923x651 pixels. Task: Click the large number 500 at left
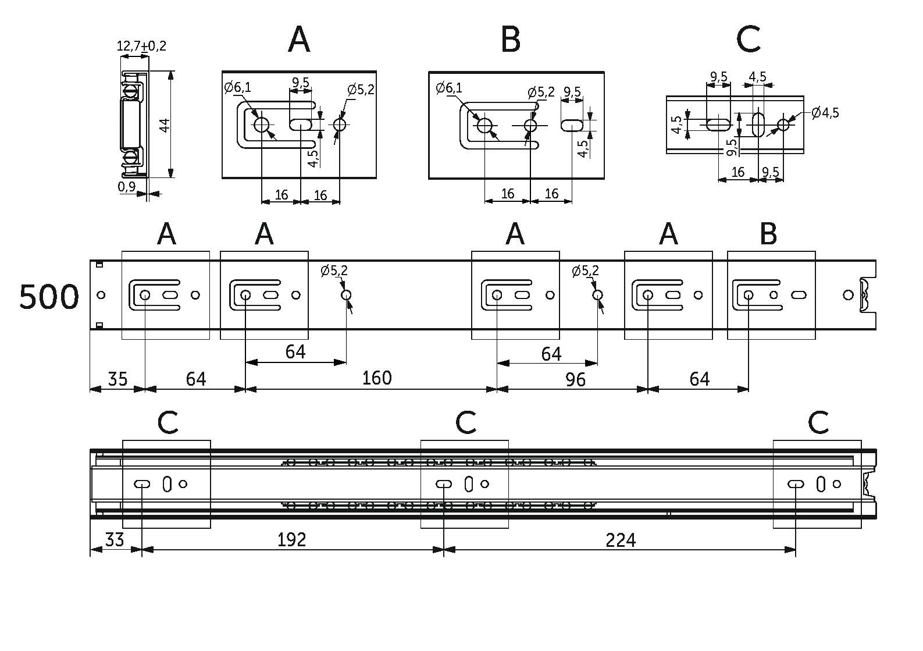tap(49, 297)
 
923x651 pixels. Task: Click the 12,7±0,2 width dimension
tap(141, 45)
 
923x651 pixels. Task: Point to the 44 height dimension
tap(165, 124)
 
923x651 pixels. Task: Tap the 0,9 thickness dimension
tap(126, 187)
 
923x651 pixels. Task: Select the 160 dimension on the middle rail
tap(376, 378)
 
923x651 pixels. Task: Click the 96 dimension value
tap(575, 379)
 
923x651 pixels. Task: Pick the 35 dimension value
tap(117, 379)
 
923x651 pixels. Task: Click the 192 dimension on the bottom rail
tap(291, 540)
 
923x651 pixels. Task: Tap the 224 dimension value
tap(621, 540)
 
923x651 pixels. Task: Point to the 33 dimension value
tap(115, 540)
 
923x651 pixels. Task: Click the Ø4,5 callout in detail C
tap(825, 112)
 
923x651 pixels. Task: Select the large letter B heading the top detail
tap(510, 40)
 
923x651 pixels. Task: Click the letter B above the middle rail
tap(768, 234)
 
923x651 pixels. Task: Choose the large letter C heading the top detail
tap(748, 40)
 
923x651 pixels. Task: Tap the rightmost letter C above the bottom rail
tap(818, 423)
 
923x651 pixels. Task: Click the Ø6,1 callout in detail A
tap(238, 88)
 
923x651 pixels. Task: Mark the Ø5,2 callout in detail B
tap(541, 92)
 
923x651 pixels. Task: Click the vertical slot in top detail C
tap(758, 124)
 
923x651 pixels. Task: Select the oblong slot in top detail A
tap(300, 124)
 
